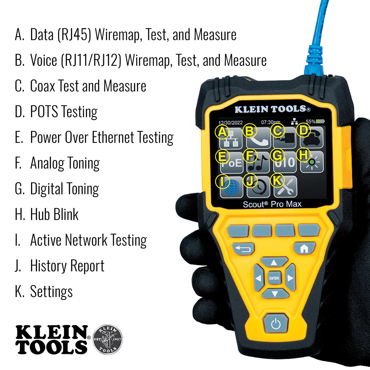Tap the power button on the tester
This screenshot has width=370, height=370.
tap(274, 325)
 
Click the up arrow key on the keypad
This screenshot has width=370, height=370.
tap(274, 262)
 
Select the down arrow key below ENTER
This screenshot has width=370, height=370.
tap(274, 294)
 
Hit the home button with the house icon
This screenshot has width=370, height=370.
tap(304, 248)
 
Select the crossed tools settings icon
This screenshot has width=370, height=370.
tap(286, 187)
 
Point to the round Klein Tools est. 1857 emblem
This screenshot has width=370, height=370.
tap(109, 339)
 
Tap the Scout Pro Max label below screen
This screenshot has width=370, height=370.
tap(272, 204)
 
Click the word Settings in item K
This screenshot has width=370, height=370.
tap(51, 292)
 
